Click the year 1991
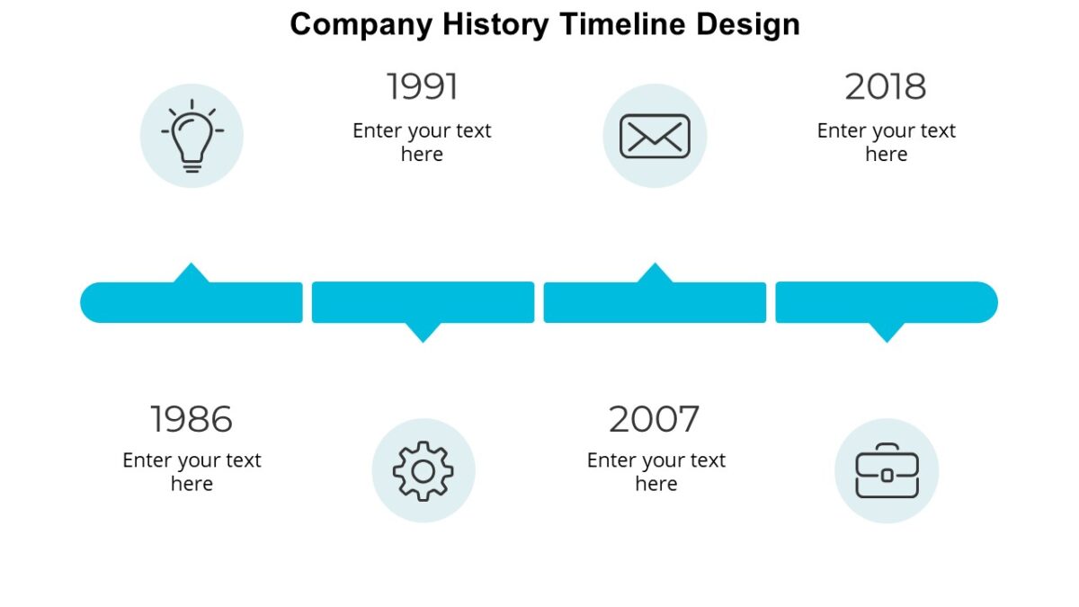click(x=422, y=87)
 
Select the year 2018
click(x=886, y=87)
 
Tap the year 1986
click(x=191, y=419)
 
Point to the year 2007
click(x=654, y=419)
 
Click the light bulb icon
click(x=192, y=137)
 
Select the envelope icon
click(x=655, y=137)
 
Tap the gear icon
click(x=424, y=470)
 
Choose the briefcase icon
click(x=887, y=470)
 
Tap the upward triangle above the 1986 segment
click(x=191, y=273)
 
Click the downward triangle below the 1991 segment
click(x=423, y=332)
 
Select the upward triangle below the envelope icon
click(x=655, y=273)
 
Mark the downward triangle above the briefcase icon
click(x=887, y=332)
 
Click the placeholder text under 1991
click(x=422, y=142)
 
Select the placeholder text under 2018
click(x=886, y=142)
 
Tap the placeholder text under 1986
click(x=192, y=472)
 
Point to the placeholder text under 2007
click(x=655, y=472)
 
